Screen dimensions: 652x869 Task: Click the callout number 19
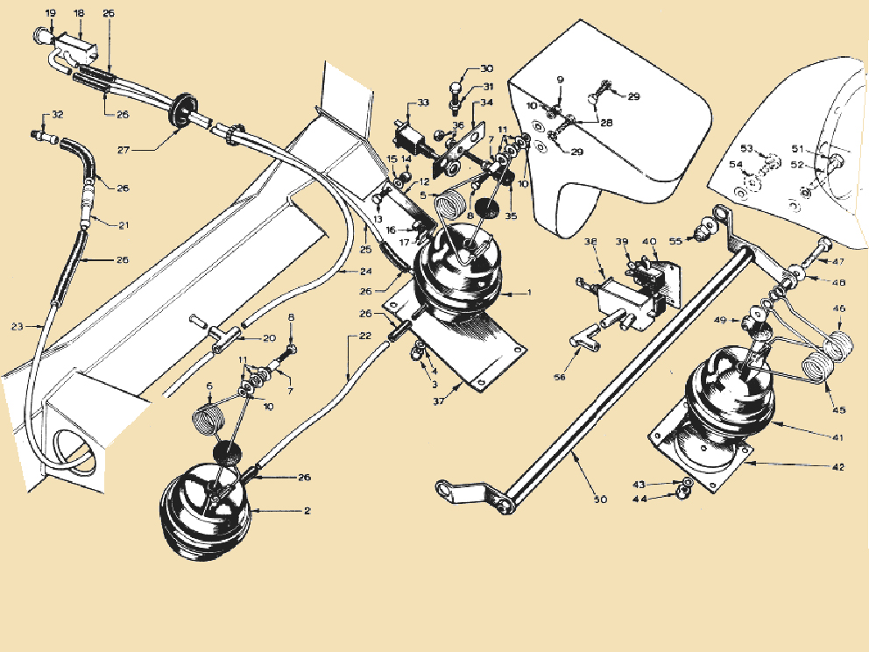click(x=50, y=13)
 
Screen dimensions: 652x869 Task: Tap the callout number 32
click(x=58, y=115)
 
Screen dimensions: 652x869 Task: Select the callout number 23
click(x=17, y=327)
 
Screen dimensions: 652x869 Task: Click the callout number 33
click(x=423, y=103)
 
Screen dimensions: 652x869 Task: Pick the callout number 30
click(x=486, y=68)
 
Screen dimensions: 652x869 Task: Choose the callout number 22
click(x=364, y=337)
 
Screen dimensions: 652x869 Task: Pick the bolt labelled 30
click(x=456, y=91)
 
